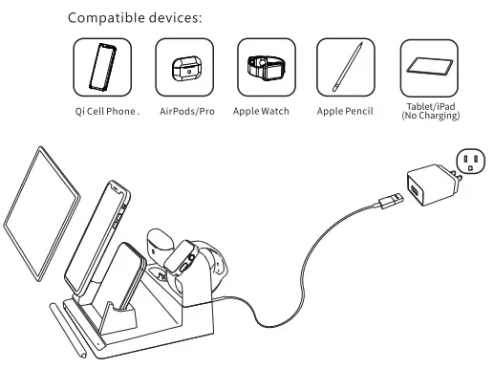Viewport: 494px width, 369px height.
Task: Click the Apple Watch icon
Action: pos(260,66)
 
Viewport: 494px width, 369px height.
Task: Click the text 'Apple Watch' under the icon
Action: pos(261,111)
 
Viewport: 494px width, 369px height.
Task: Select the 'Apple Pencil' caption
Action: pos(343,111)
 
